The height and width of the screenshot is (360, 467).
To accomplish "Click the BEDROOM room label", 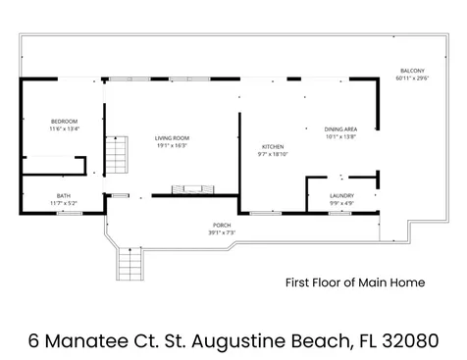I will coord(64,121).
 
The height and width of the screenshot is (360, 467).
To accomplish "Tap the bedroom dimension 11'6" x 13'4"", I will coord(64,129).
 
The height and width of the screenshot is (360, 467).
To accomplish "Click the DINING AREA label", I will coord(339,129).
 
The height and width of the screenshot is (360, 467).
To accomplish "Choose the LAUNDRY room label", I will coord(341,195).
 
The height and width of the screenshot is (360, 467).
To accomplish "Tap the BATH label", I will coord(64,195).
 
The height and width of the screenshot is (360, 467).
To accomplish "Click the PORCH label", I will coord(222,225).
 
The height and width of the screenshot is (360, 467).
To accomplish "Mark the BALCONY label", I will coord(411,72).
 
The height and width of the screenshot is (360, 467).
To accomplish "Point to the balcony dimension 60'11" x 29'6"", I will coord(411,79).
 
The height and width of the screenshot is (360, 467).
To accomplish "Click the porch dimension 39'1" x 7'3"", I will coord(222,232).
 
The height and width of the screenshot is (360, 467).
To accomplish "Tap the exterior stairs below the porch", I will coord(129,262).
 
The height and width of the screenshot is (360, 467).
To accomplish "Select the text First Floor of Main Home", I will coord(354,283).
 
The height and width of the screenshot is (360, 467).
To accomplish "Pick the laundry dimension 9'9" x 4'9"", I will coord(341,203).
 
